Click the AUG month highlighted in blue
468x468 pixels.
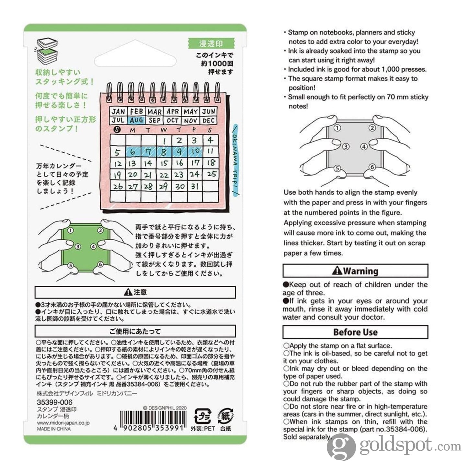pyautogui.click(x=136, y=120)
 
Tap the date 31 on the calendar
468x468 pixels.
pyautogui.click(x=194, y=187)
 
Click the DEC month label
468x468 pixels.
pyautogui.click(x=209, y=120)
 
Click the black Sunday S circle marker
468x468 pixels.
pyautogui.click(x=118, y=130)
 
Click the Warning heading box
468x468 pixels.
pyautogui.click(x=355, y=271)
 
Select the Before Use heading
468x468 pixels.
pyautogui.click(x=355, y=332)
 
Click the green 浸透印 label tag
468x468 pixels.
pyautogui.click(x=211, y=43)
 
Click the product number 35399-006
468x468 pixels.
pyautogui.click(x=54, y=403)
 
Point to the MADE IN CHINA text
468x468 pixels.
pyautogui.click(x=54, y=429)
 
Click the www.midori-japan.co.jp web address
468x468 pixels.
pyautogui.click(x=63, y=423)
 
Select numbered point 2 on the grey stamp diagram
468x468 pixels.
pyautogui.click(x=372, y=128)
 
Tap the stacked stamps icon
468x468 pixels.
pyautogui.click(x=47, y=51)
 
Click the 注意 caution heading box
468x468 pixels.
pyautogui.click(x=135, y=292)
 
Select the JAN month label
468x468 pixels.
pyautogui.click(x=118, y=112)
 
